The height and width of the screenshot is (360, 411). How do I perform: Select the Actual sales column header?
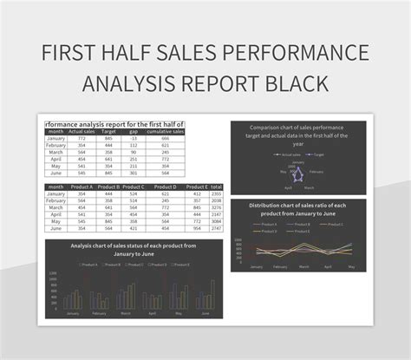82,131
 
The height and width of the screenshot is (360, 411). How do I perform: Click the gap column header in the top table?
133,131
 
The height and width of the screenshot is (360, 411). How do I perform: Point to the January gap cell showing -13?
133,138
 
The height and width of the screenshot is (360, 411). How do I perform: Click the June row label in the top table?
56,173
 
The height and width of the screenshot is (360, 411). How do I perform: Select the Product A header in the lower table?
82,187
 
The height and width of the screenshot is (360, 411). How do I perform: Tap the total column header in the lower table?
216,187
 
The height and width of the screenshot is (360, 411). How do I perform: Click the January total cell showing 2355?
216,194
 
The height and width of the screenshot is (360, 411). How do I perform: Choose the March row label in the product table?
56,208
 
